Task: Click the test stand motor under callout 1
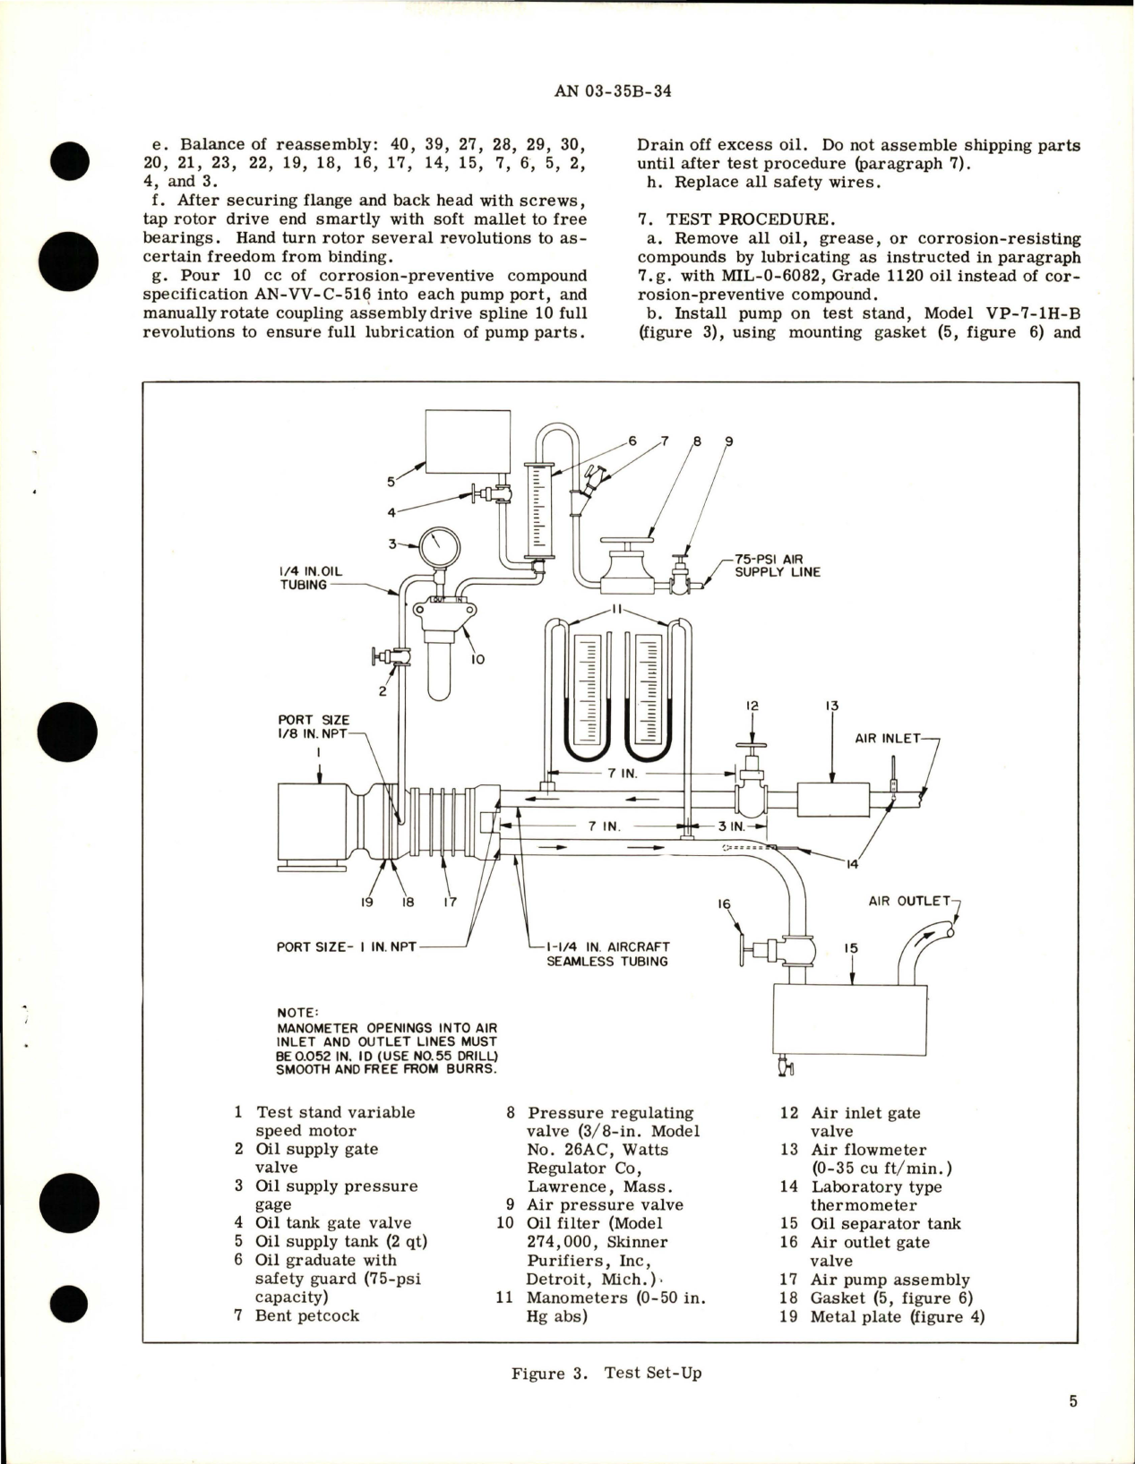point(314,822)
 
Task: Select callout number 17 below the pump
point(450,902)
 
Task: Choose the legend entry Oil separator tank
point(885,1223)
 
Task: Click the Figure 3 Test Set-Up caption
point(606,1373)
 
